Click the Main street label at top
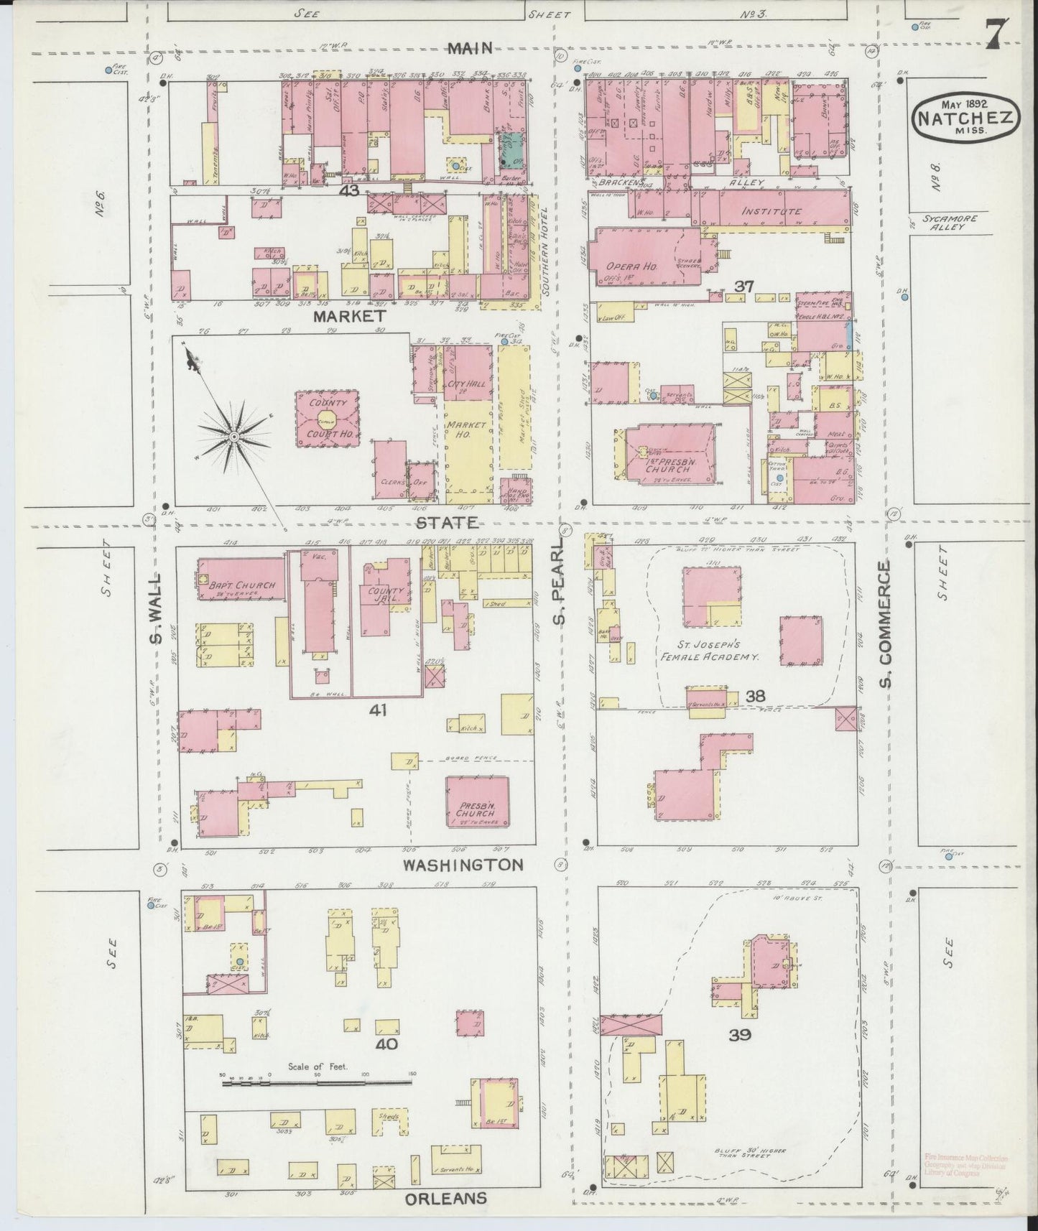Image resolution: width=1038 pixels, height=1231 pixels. coord(470,48)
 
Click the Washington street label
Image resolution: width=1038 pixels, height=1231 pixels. coord(462,865)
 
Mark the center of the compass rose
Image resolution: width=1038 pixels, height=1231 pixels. coord(234,436)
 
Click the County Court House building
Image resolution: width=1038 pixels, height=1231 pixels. coord(329,419)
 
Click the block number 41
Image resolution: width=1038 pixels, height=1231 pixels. coord(378,710)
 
